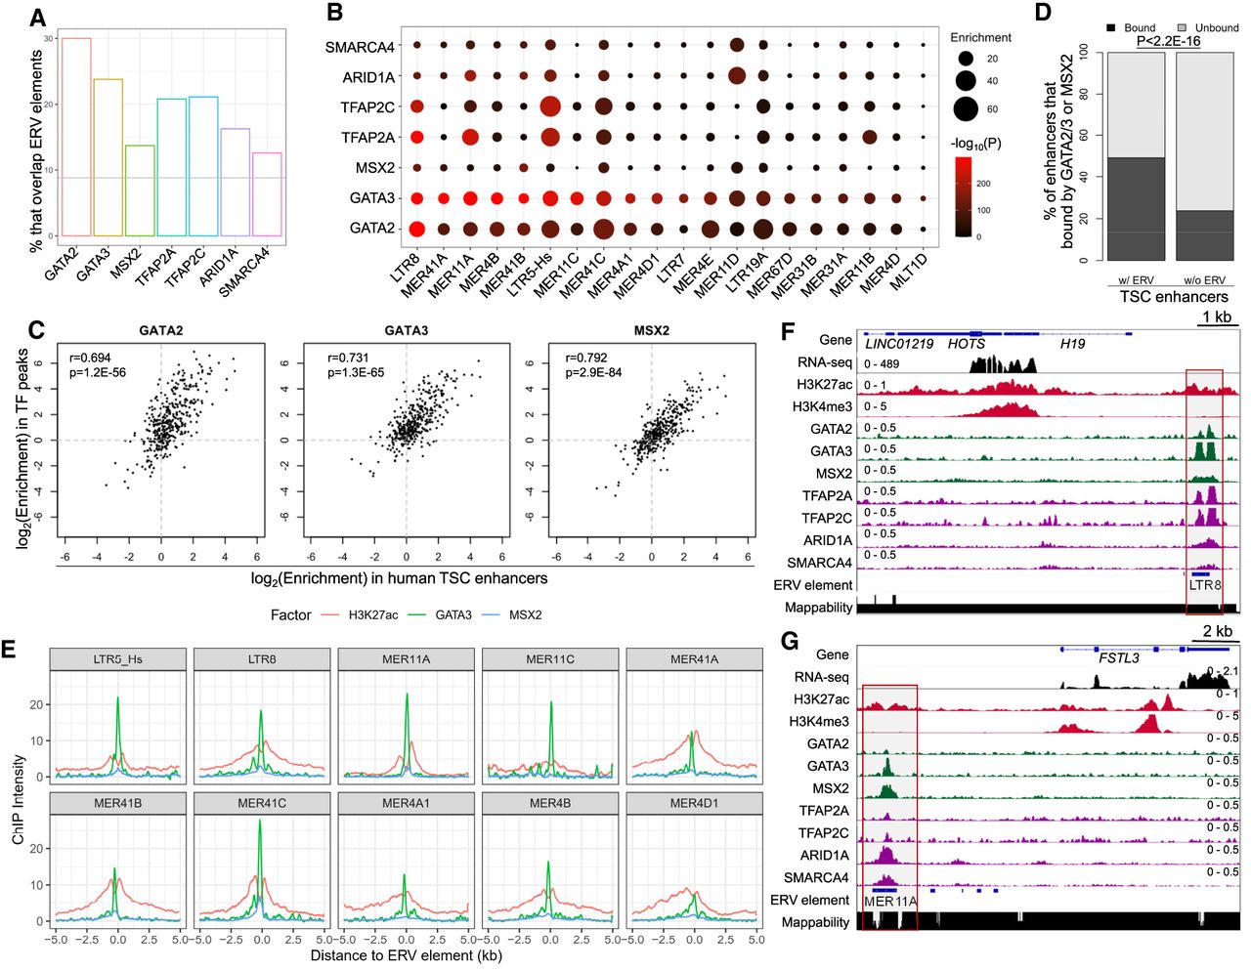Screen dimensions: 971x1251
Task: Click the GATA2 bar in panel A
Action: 76,137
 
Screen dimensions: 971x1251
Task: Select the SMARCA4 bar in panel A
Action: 267,194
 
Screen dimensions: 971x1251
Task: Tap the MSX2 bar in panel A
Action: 140,190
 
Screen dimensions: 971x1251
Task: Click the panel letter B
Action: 334,13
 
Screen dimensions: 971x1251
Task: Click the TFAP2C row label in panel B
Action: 367,107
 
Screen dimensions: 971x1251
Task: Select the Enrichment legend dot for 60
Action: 966,108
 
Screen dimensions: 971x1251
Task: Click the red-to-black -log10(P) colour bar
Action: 964,197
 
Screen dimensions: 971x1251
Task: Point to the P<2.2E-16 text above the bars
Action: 1168,41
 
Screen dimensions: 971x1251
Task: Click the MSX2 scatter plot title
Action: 652,330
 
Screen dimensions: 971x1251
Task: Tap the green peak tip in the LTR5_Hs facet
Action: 117,698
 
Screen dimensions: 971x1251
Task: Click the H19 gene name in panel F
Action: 1073,344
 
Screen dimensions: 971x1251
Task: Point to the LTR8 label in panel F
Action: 1205,585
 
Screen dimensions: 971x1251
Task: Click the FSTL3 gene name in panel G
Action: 1120,657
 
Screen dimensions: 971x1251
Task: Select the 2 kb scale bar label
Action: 1217,631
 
